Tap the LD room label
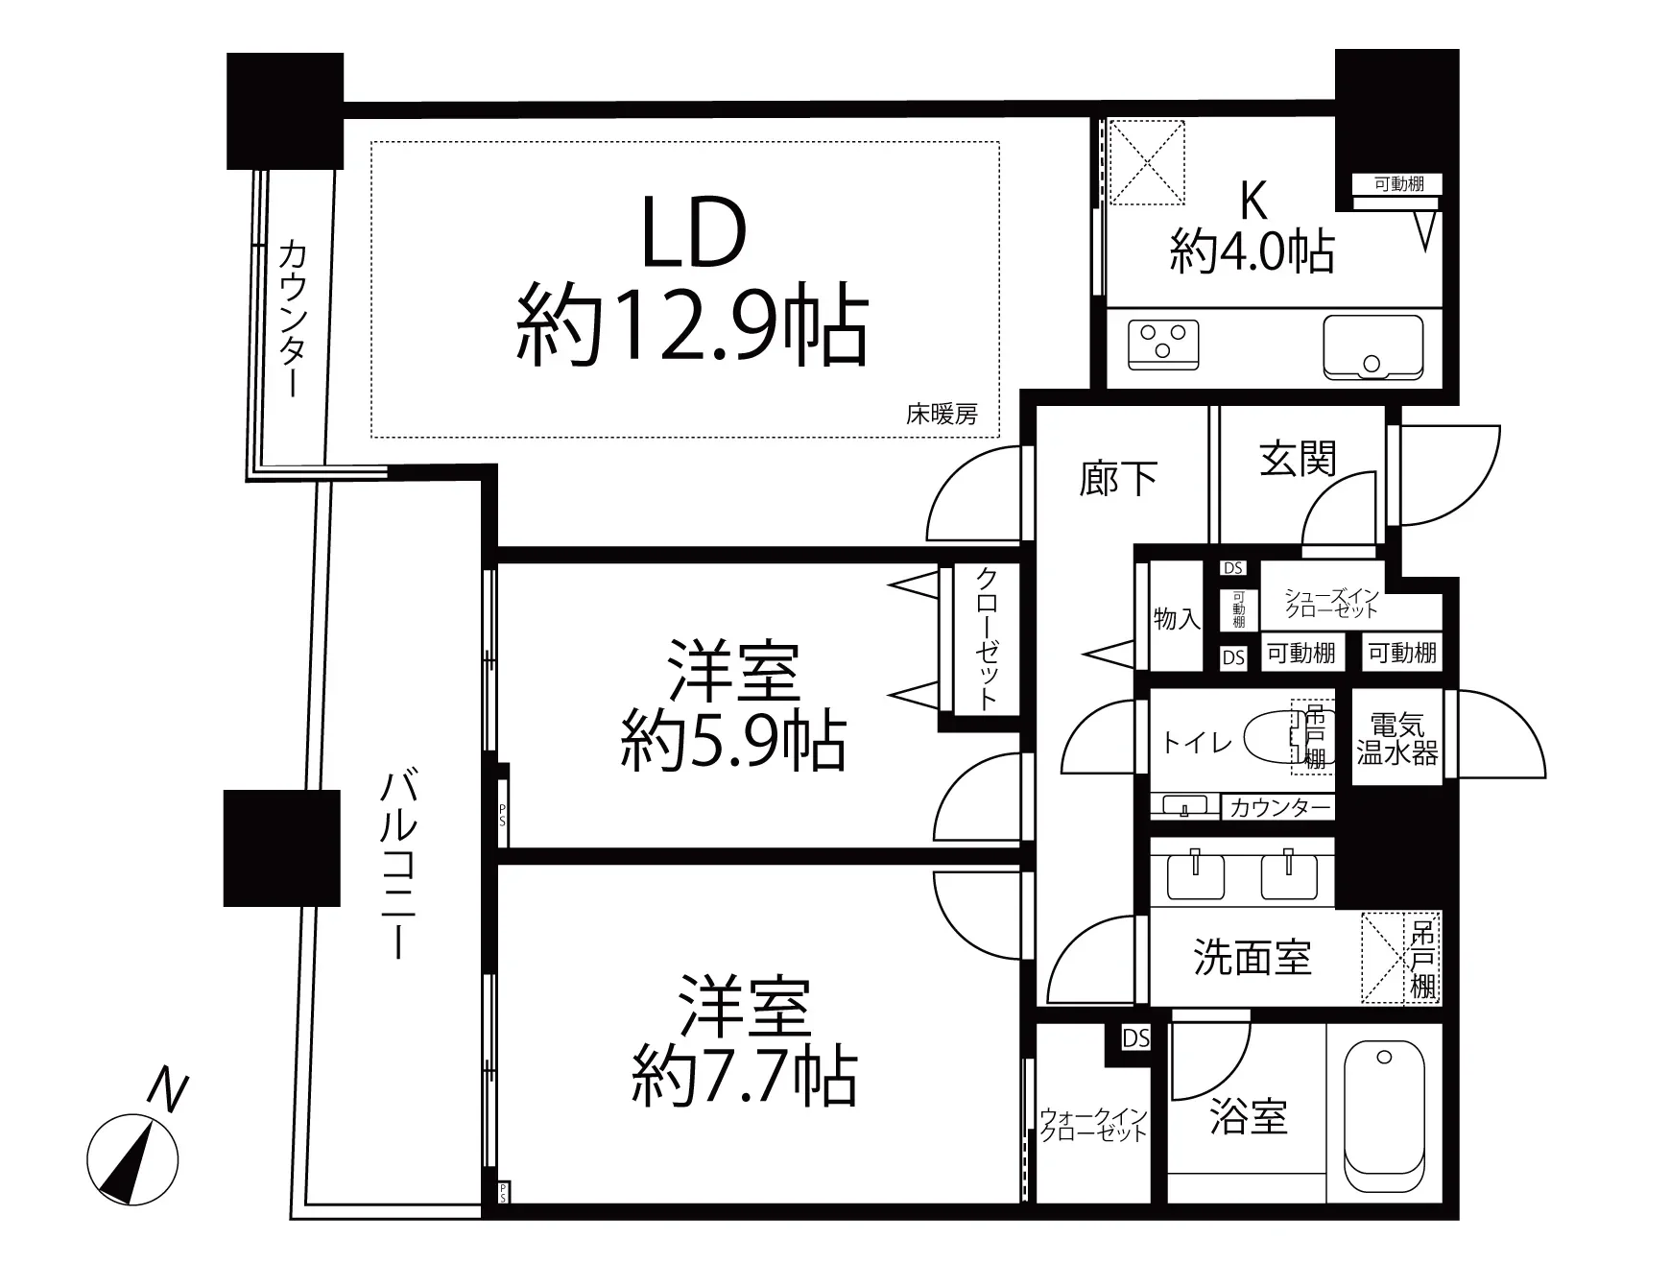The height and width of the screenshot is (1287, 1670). point(693,234)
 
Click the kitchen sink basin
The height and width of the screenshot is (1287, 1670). point(1372,346)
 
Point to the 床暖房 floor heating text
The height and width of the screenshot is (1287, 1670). point(942,415)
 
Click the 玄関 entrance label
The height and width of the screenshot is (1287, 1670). point(1298,460)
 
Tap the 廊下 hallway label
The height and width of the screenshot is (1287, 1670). point(1118,478)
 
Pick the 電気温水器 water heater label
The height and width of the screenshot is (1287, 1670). point(1396,739)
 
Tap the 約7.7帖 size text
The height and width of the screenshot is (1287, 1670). point(745,1078)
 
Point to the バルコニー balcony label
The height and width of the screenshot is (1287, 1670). point(397,864)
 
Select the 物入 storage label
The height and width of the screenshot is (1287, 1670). point(1176,619)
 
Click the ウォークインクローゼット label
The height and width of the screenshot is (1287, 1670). point(1093,1125)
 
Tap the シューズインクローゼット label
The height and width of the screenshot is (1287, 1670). point(1332,604)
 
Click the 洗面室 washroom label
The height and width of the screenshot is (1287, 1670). point(1252,958)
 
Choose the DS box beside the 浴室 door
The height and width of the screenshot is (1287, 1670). point(1136,1038)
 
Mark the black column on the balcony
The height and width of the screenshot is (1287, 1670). point(281,847)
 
